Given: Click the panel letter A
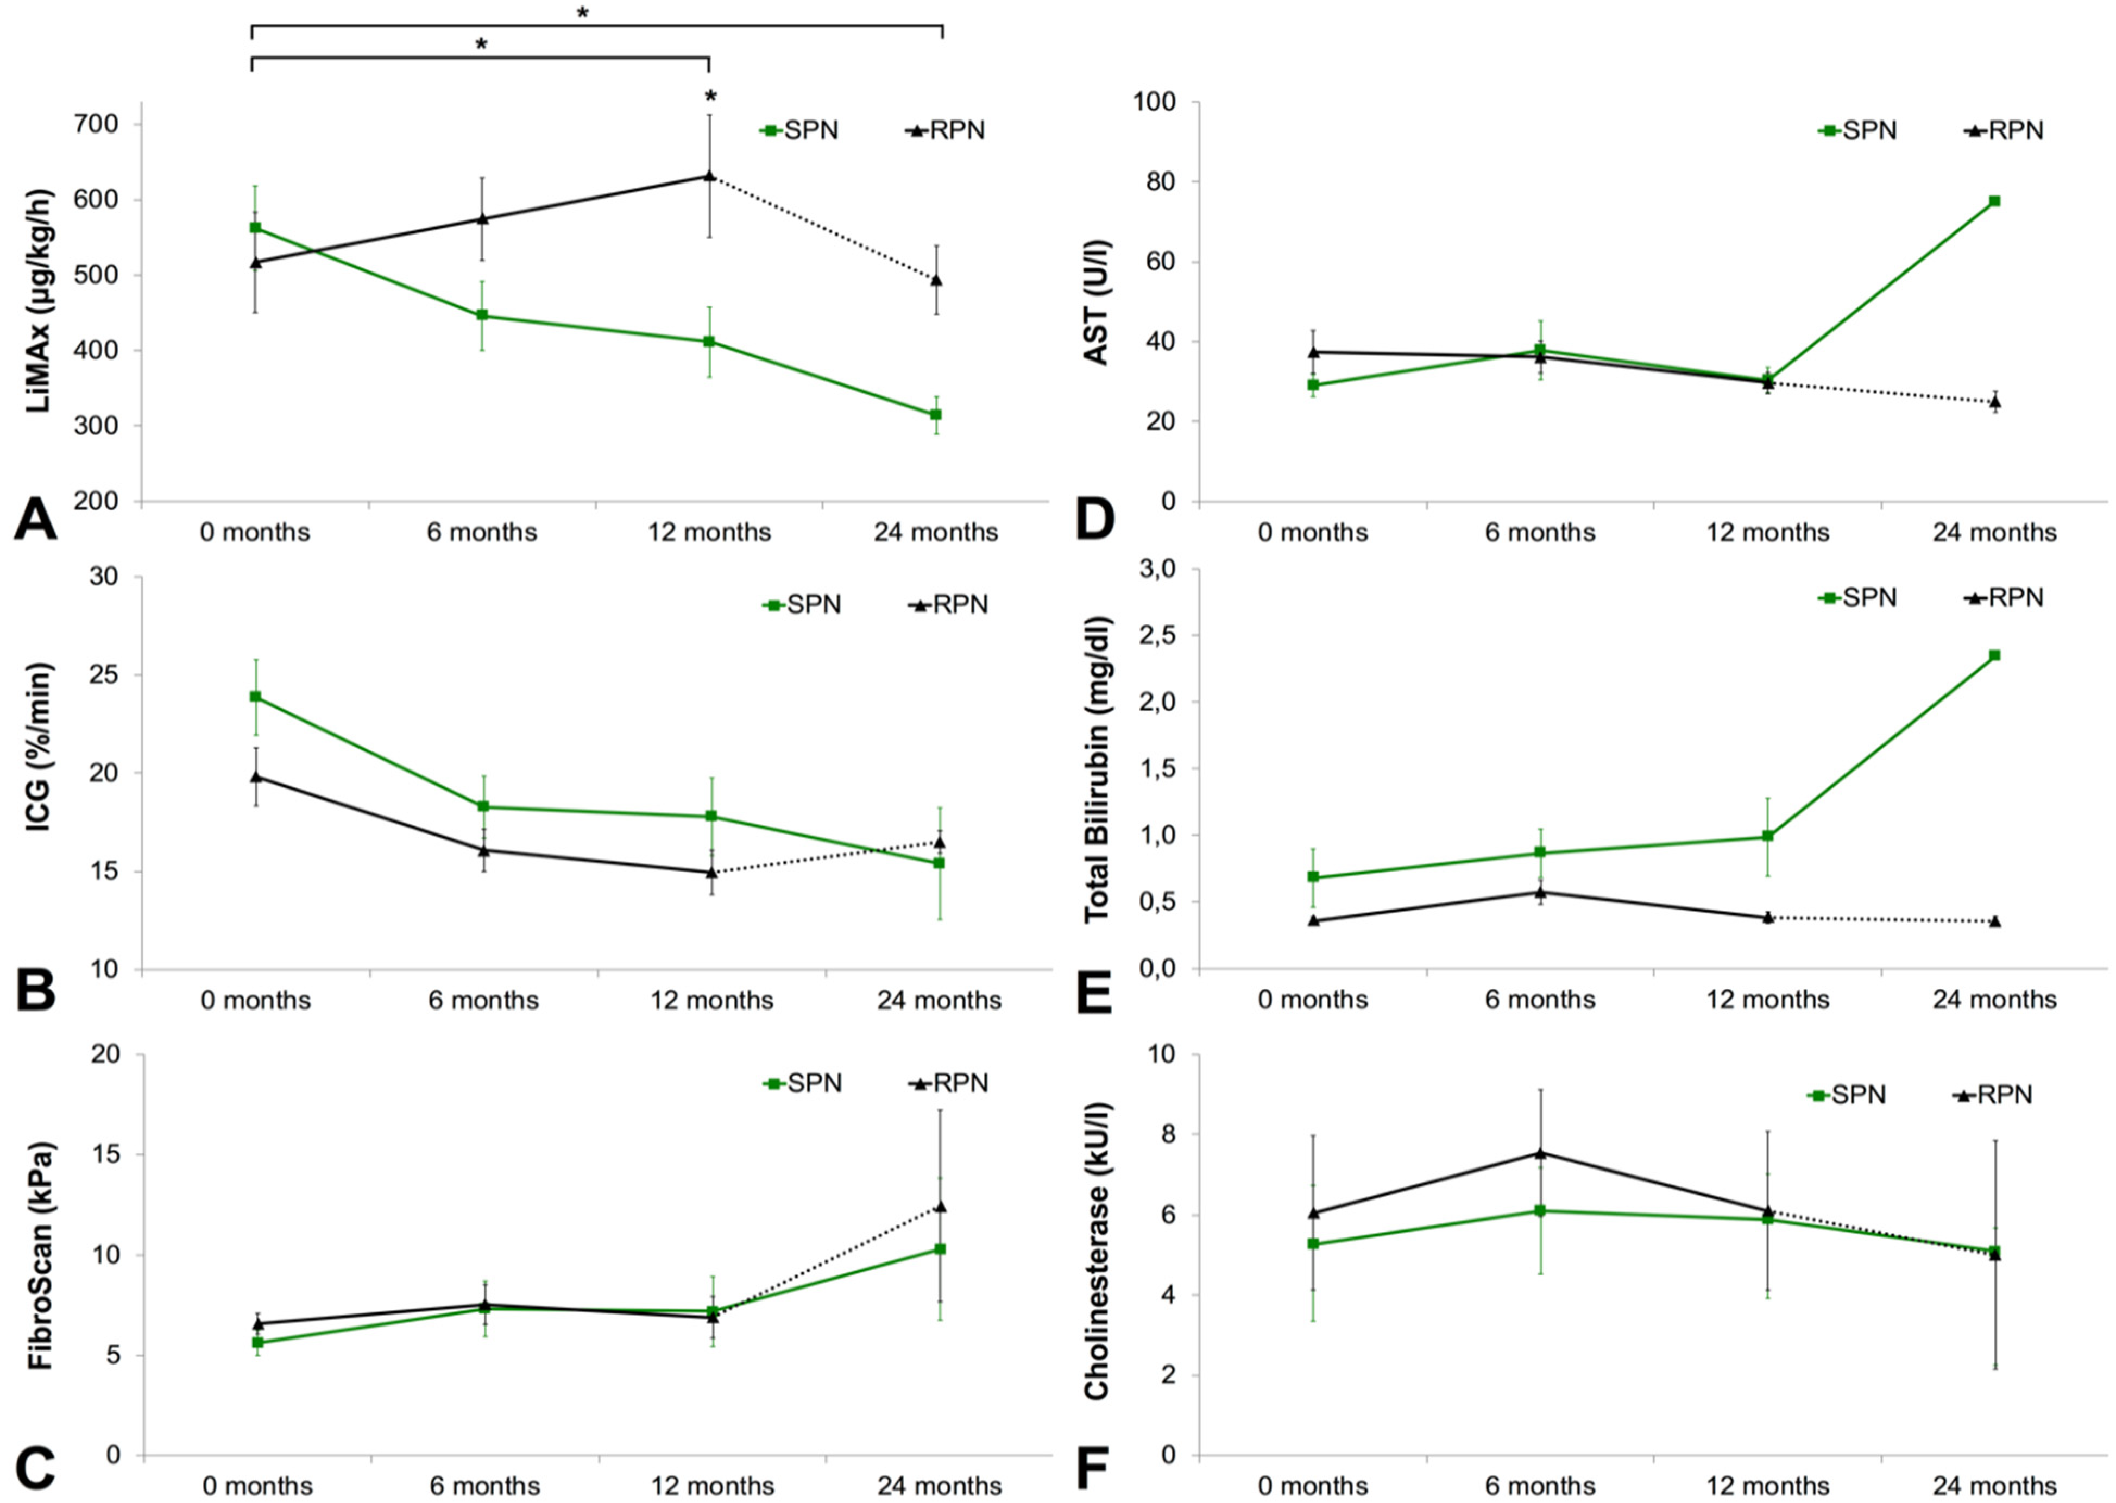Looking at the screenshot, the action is pyautogui.click(x=35, y=519).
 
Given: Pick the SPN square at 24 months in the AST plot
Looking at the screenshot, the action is pyautogui.click(x=1995, y=201).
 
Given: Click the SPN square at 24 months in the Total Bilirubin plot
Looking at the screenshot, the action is pyautogui.click(x=1995, y=655).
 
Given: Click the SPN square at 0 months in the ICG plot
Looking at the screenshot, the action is pyautogui.click(x=255, y=696).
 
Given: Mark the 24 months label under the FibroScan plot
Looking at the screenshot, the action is pyautogui.click(x=940, y=1486).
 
